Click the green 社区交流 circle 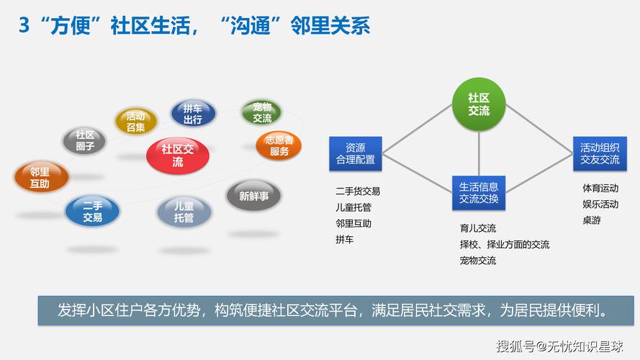479,104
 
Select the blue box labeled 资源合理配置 356,153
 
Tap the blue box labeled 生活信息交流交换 479,192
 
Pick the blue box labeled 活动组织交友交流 600,153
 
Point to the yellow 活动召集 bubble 135,121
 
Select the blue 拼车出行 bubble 192,114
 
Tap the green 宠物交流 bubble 262,112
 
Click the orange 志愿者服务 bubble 279,145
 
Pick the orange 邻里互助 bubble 40,178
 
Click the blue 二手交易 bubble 92,211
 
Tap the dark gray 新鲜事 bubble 253,196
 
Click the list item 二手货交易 357,192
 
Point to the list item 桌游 591,220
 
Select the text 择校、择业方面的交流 504,245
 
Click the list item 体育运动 600,188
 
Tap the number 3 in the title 24,25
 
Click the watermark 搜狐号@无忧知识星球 559,346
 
